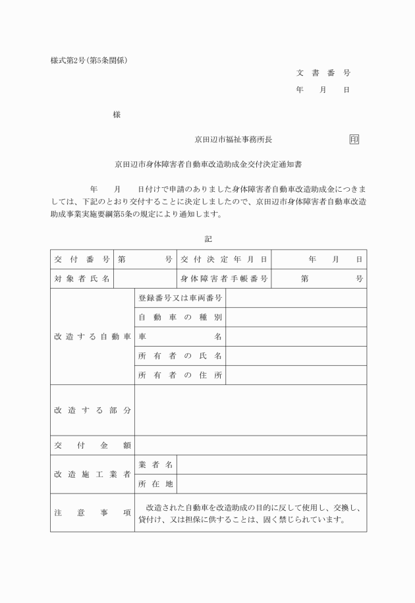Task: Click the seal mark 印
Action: click(354, 139)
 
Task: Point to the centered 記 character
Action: click(208, 239)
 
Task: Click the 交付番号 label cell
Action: click(82, 260)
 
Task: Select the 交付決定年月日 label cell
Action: click(224, 260)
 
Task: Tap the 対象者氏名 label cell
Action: click(82, 279)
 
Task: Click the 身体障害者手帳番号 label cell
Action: click(224, 279)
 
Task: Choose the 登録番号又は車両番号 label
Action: click(180, 298)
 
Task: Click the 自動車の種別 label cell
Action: click(180, 318)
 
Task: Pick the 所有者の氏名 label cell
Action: click(180, 356)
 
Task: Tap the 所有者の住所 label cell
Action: click(180, 375)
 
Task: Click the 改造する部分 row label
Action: click(92, 410)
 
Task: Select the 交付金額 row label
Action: click(92, 445)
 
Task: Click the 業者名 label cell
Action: click(155, 465)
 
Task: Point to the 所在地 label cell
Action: click(155, 484)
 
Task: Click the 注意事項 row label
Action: click(92, 513)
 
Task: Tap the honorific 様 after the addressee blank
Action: click(117, 115)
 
